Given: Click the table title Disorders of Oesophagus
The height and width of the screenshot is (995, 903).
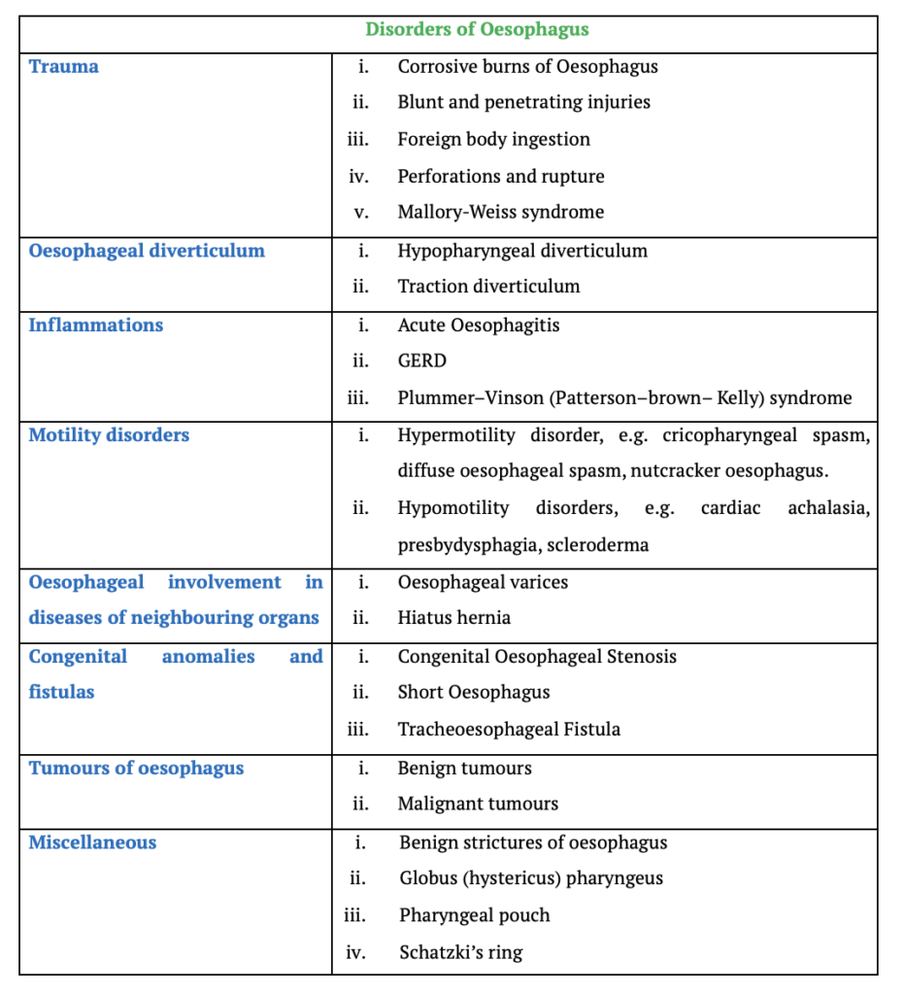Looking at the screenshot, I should tap(477, 29).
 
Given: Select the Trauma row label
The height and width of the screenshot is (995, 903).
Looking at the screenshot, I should tap(63, 67).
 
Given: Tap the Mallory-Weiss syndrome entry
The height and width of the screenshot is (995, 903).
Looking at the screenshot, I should tap(500, 212).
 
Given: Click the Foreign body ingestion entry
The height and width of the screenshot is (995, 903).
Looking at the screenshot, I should tap(493, 139).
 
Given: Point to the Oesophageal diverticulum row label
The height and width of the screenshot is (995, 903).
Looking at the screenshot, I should tap(146, 251).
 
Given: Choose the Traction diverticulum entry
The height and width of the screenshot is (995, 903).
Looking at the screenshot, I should tap(488, 287).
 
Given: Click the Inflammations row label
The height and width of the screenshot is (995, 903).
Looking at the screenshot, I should tap(95, 326).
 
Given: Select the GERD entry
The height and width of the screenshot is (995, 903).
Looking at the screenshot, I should tap(421, 361).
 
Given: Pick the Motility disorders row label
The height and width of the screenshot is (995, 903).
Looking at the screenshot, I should tap(109, 435).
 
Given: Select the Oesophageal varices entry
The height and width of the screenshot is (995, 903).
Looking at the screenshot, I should tap(483, 582).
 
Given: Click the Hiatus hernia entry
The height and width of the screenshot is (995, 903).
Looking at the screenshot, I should tap(453, 618).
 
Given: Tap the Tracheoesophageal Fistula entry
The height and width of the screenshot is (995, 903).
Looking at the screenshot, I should tap(509, 730).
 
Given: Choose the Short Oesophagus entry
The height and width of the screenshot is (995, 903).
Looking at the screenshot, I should tap(474, 693).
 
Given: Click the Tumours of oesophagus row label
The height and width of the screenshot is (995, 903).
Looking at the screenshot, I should tap(136, 769).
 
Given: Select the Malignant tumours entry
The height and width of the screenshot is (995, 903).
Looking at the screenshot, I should tap(478, 805).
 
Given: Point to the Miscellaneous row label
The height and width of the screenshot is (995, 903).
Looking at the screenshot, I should tap(92, 842).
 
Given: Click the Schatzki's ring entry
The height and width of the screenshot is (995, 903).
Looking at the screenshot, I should tap(460, 952).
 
